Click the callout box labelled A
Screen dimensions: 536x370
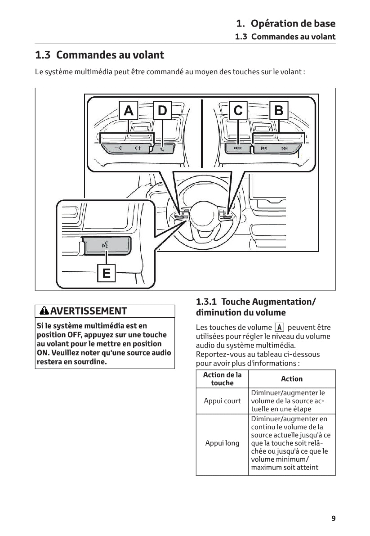pyautogui.click(x=129, y=110)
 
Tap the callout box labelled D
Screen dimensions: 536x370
pyautogui.click(x=162, y=110)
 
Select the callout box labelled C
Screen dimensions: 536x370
pyautogui.click(x=238, y=110)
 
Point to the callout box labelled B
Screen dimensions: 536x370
pyautogui.click(x=279, y=110)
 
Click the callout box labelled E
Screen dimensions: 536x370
pyautogui.click(x=106, y=273)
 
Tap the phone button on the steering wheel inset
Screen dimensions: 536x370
pyautogui.click(x=162, y=148)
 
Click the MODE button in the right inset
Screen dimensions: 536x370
pyautogui.click(x=238, y=148)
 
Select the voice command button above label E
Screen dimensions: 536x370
pyautogui.click(x=106, y=245)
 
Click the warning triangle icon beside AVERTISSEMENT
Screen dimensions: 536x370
pyautogui.click(x=44, y=311)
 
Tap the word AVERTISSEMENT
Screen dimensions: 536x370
pyautogui.click(x=89, y=311)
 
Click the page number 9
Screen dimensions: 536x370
pyautogui.click(x=333, y=518)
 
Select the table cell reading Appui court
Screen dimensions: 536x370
pyautogui.click(x=222, y=401)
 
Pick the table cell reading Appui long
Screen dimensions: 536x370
pyautogui.click(x=222, y=443)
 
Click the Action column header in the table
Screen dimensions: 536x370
pyautogui.click(x=292, y=379)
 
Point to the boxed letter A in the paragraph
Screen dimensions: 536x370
pyautogui.click(x=279, y=328)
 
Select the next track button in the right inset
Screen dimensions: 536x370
pyautogui.click(x=284, y=148)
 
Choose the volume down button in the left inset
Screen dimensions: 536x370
pyautogui.click(x=118, y=148)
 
